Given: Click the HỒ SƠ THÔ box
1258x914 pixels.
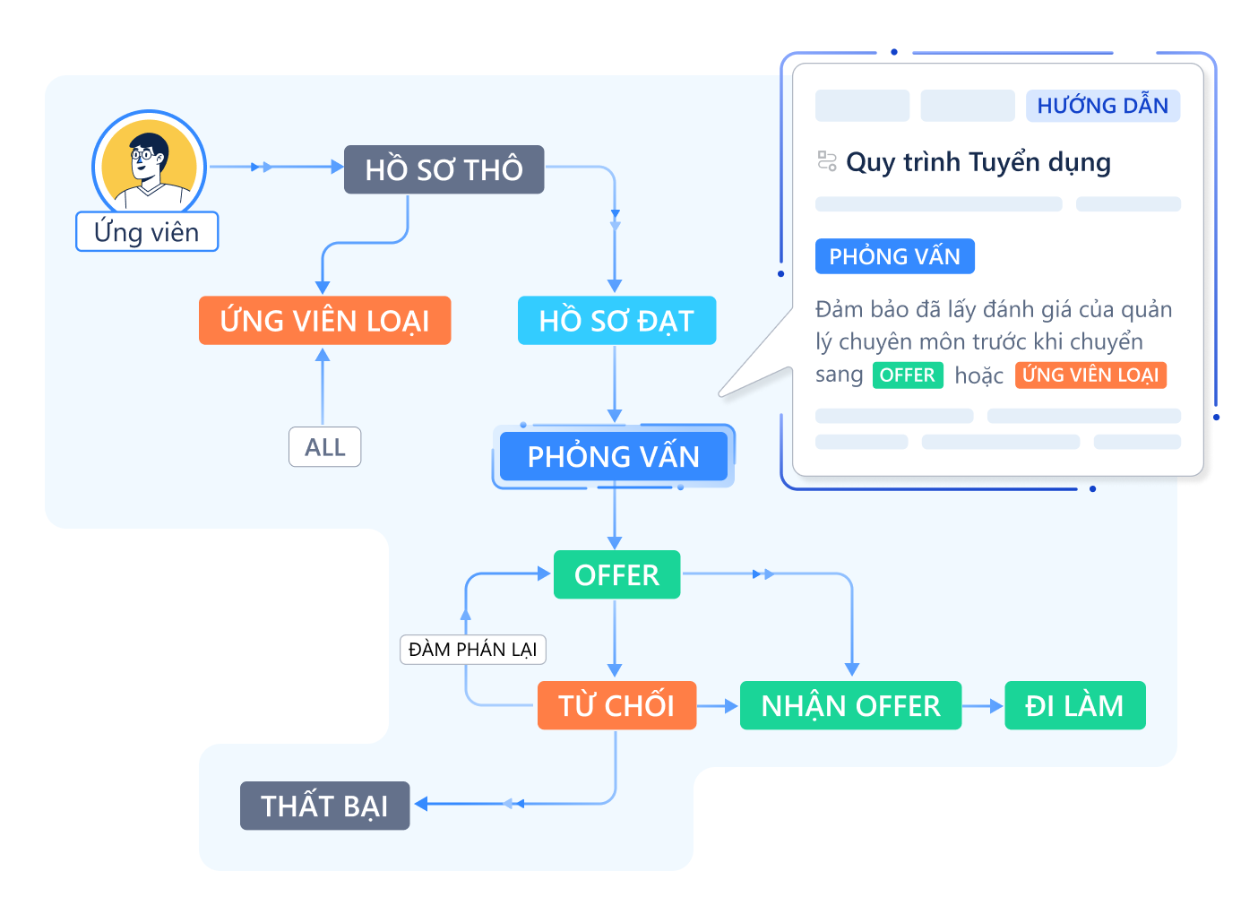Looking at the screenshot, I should pyautogui.click(x=444, y=169).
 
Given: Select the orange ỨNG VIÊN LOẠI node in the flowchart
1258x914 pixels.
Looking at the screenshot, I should pyautogui.click(x=324, y=321).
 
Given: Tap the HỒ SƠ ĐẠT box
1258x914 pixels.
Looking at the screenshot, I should pyautogui.click(x=616, y=321).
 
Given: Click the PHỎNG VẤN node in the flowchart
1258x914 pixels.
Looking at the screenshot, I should pyautogui.click(x=614, y=457).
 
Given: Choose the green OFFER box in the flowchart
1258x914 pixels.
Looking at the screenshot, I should pyautogui.click(x=616, y=575).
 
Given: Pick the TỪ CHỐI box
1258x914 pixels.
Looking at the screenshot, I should pyautogui.click(x=616, y=706).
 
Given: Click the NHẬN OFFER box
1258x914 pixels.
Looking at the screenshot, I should pyautogui.click(x=850, y=706).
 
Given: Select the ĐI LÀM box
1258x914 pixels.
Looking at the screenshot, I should pyautogui.click(x=1074, y=706).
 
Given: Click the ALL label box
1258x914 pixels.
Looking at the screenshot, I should pyautogui.click(x=324, y=447).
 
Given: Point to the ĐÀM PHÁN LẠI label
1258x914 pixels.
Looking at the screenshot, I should pyautogui.click(x=472, y=650).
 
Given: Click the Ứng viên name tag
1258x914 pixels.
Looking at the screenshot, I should pyautogui.click(x=147, y=232).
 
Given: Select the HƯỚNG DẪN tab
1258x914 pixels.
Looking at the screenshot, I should pyautogui.click(x=1102, y=106).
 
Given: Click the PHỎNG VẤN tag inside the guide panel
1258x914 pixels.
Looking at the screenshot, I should pyautogui.click(x=894, y=257).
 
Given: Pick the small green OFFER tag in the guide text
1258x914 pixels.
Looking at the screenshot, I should pyautogui.click(x=907, y=375).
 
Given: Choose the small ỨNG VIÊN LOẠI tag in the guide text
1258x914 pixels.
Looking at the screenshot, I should pyautogui.click(x=1090, y=375).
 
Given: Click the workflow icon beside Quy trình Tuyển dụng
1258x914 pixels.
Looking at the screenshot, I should pyautogui.click(x=827, y=161).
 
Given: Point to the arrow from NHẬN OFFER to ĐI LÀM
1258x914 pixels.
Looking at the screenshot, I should pyautogui.click(x=983, y=706).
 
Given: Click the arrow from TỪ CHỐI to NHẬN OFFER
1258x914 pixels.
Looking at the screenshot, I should pyautogui.click(x=718, y=706).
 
